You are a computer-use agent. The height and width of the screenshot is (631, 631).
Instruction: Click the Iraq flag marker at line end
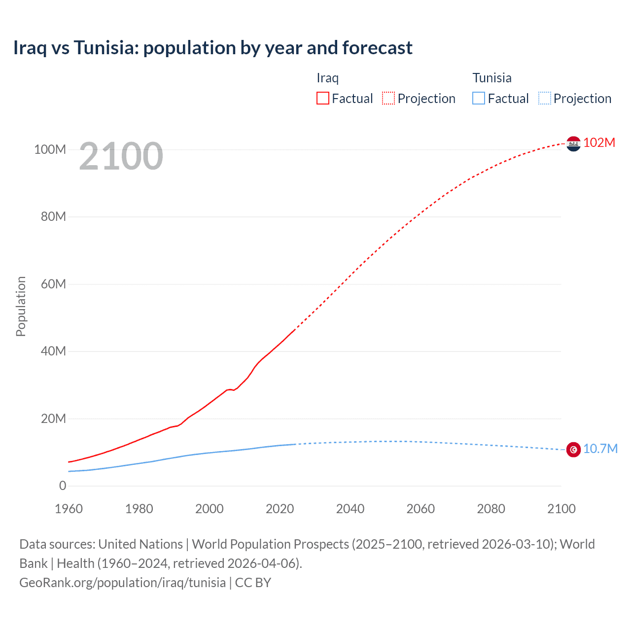coord(573,143)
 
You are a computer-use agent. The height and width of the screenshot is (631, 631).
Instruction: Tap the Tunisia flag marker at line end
coord(573,450)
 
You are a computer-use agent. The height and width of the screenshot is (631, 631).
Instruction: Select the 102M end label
coord(599,142)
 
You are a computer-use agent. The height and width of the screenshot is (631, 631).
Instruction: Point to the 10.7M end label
coord(600,449)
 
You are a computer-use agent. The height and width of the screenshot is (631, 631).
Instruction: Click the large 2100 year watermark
coord(121,156)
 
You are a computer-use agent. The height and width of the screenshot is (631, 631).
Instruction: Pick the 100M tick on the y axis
coord(50,149)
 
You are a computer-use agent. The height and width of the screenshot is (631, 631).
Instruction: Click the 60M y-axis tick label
coord(53,284)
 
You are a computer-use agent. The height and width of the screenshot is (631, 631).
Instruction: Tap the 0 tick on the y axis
coord(63,486)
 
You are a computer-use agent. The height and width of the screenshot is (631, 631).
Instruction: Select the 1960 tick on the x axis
coord(69,509)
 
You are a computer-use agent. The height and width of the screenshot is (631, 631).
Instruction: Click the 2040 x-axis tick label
coord(350,509)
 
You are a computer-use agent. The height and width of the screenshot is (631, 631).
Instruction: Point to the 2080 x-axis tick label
coord(491,509)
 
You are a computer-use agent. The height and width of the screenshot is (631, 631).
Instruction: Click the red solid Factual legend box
coord(323,98)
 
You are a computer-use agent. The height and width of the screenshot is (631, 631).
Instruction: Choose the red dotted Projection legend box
coord(388,98)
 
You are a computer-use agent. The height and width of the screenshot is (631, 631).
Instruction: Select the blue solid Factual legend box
coord(479,98)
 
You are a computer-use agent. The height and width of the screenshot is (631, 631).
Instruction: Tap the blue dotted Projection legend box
coord(545,98)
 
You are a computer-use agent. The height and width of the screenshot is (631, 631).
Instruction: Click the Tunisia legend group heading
coord(492,78)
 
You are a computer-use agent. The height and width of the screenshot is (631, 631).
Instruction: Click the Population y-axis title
coord(21,306)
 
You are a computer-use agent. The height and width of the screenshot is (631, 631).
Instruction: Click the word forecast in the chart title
coord(378,48)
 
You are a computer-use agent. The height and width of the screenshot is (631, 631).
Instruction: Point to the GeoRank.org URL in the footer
coord(122,582)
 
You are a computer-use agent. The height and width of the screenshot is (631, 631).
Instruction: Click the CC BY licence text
coord(253,582)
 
